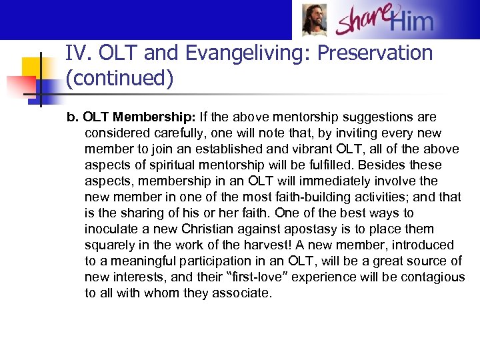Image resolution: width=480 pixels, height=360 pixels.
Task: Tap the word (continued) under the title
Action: tap(119, 79)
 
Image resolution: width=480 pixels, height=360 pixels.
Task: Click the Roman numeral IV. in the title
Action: tap(79, 53)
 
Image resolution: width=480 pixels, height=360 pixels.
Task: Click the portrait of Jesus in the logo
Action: tap(315, 19)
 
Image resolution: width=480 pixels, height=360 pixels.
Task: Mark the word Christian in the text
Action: tap(213, 229)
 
